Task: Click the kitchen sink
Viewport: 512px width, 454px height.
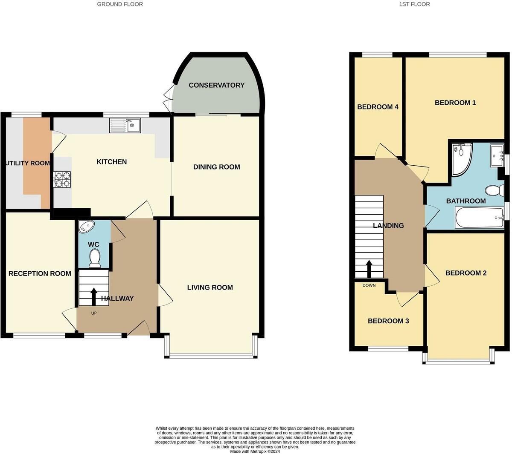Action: coord(125,125)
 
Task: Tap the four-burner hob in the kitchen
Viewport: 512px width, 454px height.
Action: coord(62,179)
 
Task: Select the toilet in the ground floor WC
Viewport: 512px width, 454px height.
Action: coord(95,258)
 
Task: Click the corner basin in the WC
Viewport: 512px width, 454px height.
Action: coord(87,226)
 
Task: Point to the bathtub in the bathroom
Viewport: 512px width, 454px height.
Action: coord(479,217)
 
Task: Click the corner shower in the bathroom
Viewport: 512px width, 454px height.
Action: coord(462,159)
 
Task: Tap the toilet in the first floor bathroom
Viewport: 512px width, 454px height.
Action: coord(495,190)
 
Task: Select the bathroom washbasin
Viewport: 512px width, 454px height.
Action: coord(497,155)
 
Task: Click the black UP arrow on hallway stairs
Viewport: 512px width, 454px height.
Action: coord(94,297)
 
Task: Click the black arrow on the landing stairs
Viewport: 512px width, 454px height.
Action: coord(369,269)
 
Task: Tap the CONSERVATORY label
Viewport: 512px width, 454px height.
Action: coord(217,85)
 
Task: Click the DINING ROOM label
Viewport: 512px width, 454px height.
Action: coord(217,167)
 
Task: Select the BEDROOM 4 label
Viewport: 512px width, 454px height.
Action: coord(378,107)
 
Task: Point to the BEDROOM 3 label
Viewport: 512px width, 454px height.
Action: coord(388,321)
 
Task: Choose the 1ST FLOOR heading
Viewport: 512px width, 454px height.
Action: coord(414,4)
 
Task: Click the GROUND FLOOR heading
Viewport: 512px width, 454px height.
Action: coord(120,4)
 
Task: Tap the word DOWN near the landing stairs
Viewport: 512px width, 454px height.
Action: coord(369,285)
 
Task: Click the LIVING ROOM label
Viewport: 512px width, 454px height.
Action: coord(210,287)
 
